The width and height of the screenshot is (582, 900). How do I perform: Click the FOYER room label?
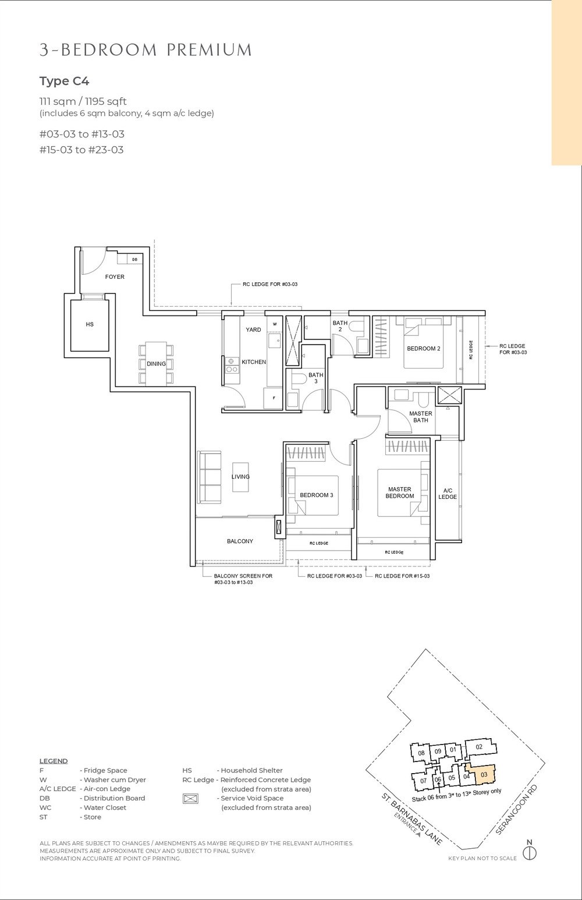pos(115,277)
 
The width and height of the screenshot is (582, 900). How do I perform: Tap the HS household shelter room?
pos(90,325)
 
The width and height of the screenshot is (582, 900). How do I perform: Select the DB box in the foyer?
pos(134,260)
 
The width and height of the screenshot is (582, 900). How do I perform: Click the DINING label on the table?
pos(156,364)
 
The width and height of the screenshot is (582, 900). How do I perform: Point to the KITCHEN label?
pos(254,362)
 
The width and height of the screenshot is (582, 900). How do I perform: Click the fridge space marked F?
pos(274,398)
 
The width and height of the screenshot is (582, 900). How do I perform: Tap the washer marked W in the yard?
pos(274,324)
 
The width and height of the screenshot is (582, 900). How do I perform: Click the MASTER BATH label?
pos(420,417)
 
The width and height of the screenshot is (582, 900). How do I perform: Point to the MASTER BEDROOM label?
pos(399,492)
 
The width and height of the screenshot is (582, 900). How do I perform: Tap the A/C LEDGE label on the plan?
pos(448,494)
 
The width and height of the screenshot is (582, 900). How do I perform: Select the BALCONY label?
pos(240,541)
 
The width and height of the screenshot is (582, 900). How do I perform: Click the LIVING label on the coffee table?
pos(240,476)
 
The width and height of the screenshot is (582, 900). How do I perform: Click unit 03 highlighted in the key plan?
pos(484,774)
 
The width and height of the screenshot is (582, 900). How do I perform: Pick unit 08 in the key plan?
pos(421,754)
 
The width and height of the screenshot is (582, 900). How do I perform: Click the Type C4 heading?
pos(64,81)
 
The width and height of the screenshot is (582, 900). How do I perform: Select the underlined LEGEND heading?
pos(54,761)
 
